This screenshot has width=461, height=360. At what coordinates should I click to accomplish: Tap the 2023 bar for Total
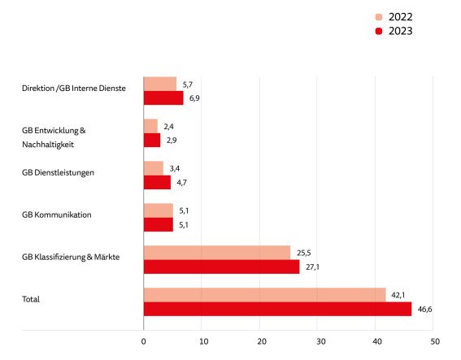point(277,310)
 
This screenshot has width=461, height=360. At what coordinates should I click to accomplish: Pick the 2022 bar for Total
point(264,295)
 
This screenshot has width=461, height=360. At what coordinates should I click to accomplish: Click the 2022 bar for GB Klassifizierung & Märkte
point(217,252)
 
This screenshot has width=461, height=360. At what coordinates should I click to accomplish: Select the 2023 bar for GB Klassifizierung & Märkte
point(221,267)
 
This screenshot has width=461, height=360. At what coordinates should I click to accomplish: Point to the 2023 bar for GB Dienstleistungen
point(157,182)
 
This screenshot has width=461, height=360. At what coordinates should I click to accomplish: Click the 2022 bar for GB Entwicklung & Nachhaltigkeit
point(150,126)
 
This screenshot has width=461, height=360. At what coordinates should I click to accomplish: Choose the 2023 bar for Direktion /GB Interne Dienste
point(163,98)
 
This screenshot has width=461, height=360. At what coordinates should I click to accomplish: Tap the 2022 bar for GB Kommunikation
point(159,210)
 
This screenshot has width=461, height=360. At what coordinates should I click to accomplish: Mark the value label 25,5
point(303,252)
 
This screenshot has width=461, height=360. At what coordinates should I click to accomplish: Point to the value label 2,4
point(170,126)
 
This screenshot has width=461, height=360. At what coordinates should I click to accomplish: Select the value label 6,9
point(195,98)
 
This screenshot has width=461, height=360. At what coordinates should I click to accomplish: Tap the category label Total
point(31,300)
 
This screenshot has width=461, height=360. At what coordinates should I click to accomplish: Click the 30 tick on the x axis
point(319,341)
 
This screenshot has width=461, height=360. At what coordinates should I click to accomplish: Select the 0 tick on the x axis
point(144,341)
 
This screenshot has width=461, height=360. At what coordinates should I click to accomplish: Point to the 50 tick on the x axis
point(435,341)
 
